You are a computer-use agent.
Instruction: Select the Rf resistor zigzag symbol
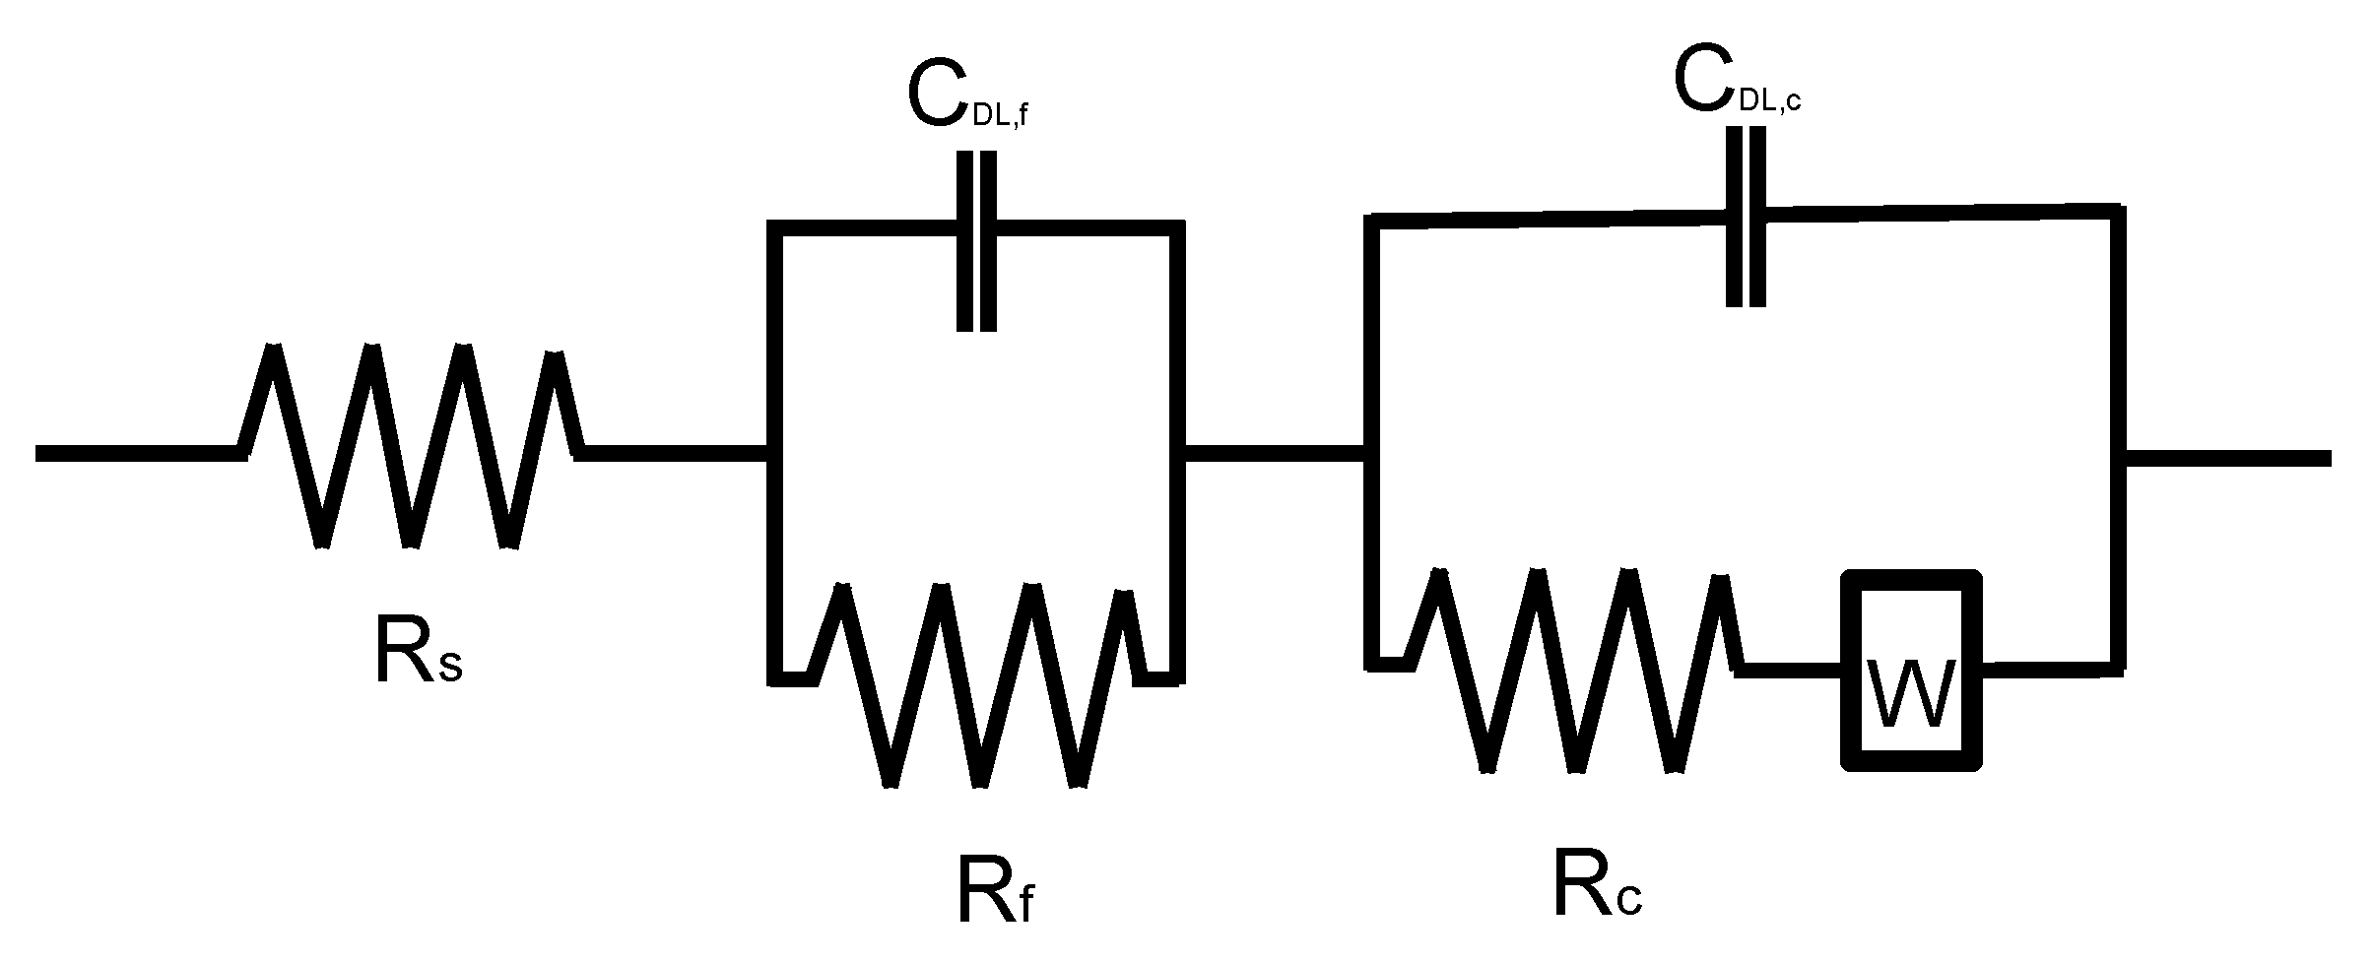[980, 684]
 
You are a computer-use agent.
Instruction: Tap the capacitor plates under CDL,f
[977, 241]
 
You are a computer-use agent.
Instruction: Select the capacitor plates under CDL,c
[1746, 217]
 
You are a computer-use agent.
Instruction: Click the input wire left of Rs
[138, 453]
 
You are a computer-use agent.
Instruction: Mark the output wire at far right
[2226, 458]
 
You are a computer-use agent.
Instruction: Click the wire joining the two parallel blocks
[1273, 453]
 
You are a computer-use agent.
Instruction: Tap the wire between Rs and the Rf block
[675, 453]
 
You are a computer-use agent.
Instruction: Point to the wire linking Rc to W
[1788, 669]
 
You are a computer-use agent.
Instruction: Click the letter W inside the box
[1910, 693]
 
